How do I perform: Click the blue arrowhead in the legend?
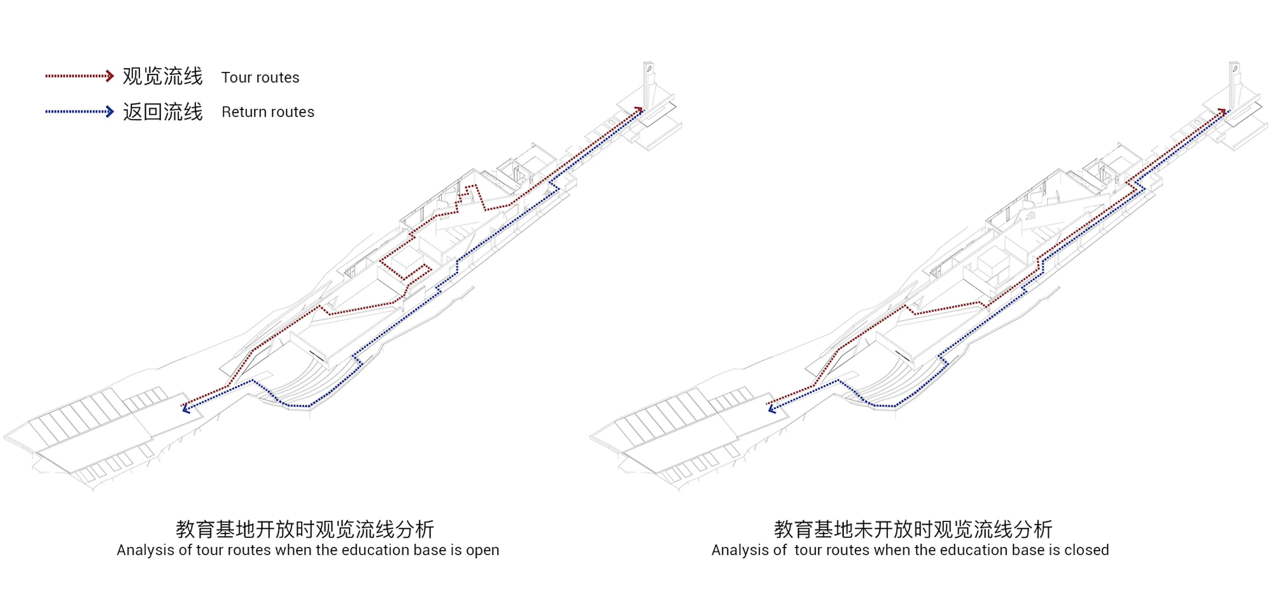click(110, 111)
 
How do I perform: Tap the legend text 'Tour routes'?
click(260, 78)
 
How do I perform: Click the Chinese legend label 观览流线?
click(162, 77)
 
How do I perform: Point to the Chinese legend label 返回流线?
click(162, 112)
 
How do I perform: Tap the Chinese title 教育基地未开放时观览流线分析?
click(913, 529)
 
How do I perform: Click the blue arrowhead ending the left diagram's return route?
click(186, 409)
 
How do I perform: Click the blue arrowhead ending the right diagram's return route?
click(772, 409)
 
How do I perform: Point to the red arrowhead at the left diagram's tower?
click(639, 109)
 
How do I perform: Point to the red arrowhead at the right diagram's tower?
click(1223, 111)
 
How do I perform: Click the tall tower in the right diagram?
click(1234, 84)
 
